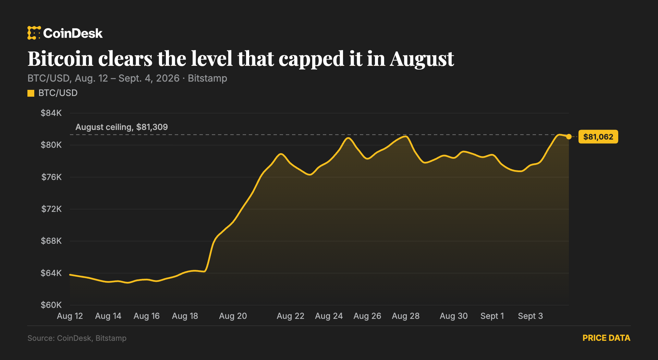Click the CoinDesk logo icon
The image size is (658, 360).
point(34,33)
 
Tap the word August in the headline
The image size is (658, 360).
point(422,59)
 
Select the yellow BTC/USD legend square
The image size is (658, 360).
point(31,93)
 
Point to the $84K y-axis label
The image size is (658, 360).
point(51,113)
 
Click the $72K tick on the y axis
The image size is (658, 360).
point(51,209)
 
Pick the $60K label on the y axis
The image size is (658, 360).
point(51,305)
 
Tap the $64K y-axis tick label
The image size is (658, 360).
point(51,273)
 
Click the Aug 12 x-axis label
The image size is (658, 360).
point(70,316)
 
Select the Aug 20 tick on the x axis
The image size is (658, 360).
point(233,316)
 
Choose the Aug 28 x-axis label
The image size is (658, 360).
point(406,316)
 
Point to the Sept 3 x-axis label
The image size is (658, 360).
point(531,316)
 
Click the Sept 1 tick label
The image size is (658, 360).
point(492,316)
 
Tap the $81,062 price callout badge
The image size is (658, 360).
point(598,137)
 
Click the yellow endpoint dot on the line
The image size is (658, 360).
point(569,137)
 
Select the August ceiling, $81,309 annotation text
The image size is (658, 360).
point(122,127)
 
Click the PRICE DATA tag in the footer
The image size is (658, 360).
point(606,338)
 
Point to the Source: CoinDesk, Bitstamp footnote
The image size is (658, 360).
point(77,338)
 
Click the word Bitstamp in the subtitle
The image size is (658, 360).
point(207,79)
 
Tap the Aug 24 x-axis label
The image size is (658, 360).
point(329,316)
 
